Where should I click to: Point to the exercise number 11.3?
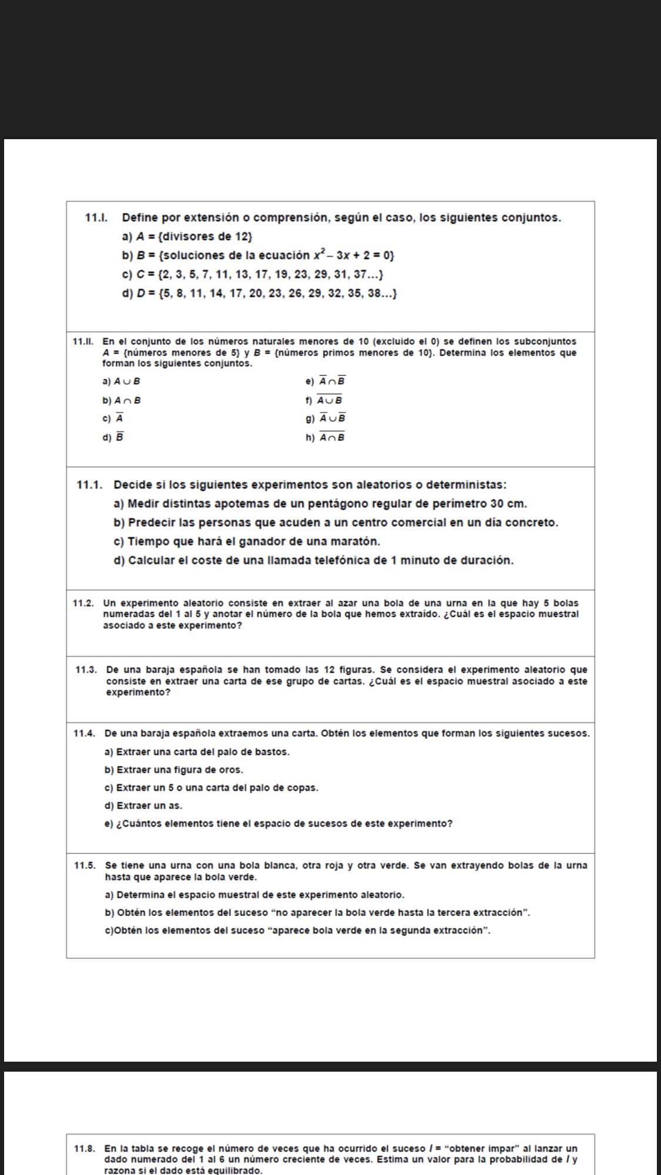87,670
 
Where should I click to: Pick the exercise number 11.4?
85,733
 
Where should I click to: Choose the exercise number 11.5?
85,865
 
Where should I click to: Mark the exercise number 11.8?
85,1149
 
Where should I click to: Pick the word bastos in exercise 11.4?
274,752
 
